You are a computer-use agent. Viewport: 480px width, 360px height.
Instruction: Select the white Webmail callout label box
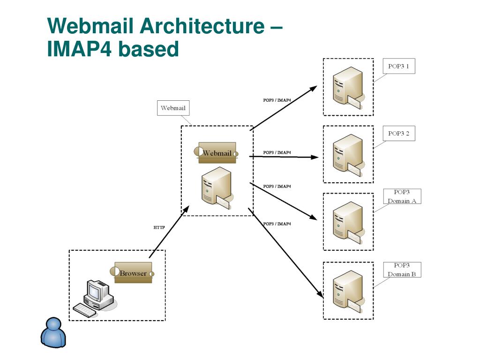(x=173, y=108)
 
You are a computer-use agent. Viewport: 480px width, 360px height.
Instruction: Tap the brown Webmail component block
(x=217, y=153)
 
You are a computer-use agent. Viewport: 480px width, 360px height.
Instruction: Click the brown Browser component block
(x=133, y=273)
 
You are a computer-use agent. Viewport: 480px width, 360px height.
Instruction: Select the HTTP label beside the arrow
(x=159, y=228)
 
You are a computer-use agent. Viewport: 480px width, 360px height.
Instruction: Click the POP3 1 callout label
(x=398, y=67)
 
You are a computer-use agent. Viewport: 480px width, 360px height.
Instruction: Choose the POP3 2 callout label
(x=398, y=134)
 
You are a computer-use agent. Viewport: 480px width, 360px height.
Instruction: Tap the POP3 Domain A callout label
(x=401, y=196)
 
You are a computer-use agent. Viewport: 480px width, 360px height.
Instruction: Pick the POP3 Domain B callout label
(x=401, y=270)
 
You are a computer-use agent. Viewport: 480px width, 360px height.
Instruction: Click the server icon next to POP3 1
(x=347, y=87)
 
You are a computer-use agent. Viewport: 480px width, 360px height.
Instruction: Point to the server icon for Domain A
(x=347, y=222)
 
